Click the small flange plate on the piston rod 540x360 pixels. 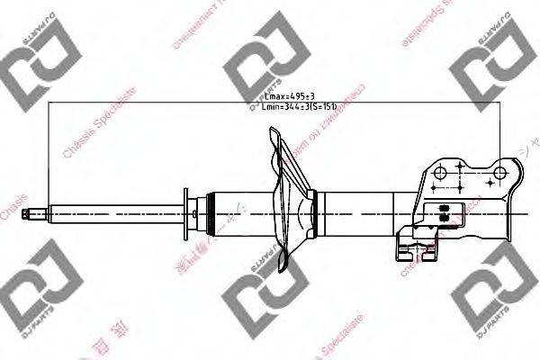click(x=185, y=213)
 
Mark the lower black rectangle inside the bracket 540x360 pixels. click(x=443, y=217)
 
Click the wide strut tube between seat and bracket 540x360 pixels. click(x=360, y=213)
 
